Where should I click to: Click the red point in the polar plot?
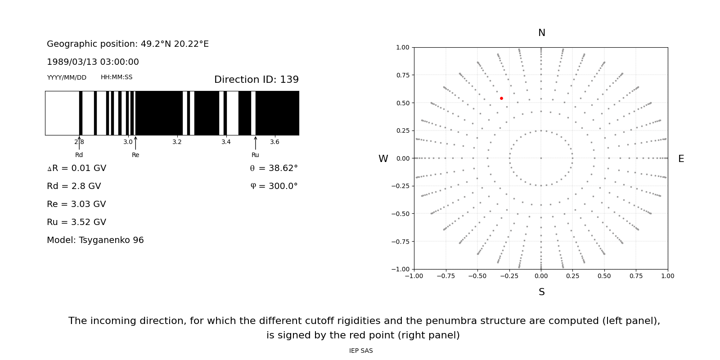[x=501, y=98]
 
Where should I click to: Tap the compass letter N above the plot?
[x=541, y=33]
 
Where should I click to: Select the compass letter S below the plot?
[x=541, y=292]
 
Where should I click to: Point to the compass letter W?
[x=383, y=159]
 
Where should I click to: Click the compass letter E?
[x=681, y=159]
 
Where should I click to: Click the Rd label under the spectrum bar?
[x=79, y=155]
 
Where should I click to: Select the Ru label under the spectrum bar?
[x=255, y=155]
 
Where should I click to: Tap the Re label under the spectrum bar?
[x=135, y=155]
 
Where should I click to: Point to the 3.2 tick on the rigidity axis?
[x=177, y=142]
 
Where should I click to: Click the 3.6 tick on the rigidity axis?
[x=274, y=142]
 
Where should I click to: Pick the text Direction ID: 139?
[x=256, y=80]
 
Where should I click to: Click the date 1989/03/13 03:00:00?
[x=93, y=62]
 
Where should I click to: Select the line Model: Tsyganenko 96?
[x=95, y=240]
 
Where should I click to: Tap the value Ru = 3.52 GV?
[x=76, y=222]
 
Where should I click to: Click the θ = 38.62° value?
[x=274, y=168]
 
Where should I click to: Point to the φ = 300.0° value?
[x=274, y=186]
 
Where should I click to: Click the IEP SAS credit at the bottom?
[x=361, y=351]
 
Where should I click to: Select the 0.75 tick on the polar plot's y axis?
[x=403, y=75]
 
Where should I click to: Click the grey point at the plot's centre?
[x=541, y=158]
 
